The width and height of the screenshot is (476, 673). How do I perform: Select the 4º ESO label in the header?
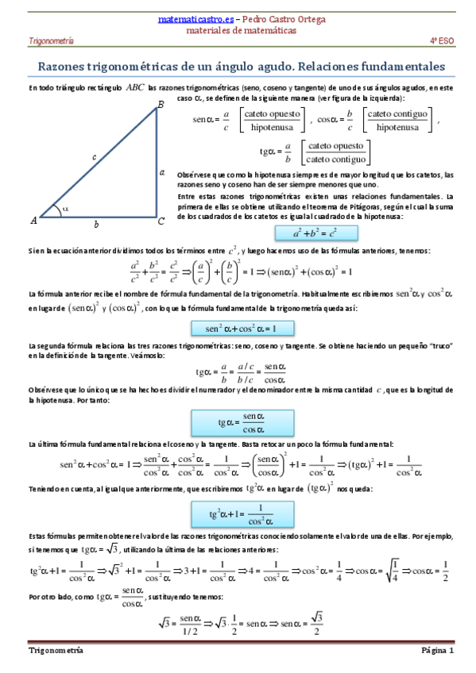coord(442,39)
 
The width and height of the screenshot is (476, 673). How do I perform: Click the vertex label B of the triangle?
coord(160,105)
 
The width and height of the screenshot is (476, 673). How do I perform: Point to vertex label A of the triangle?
coord(33,220)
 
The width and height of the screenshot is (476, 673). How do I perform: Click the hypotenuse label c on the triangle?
coord(93,157)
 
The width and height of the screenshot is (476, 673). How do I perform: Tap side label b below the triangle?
coord(96,225)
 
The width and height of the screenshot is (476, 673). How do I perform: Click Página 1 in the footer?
coord(436,651)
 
